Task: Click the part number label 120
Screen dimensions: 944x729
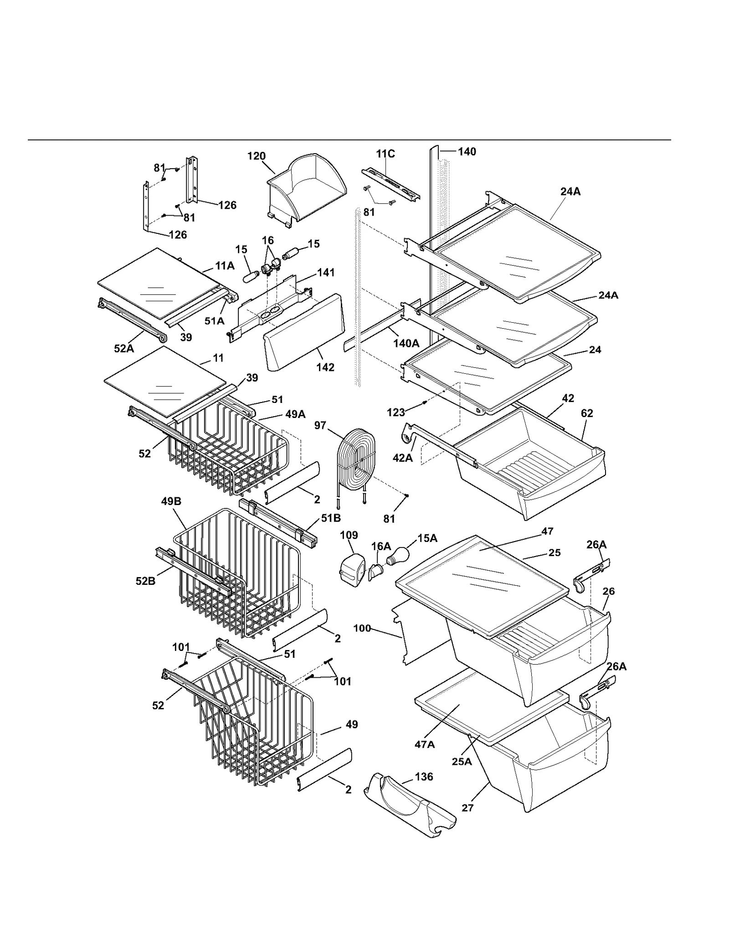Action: coord(256,156)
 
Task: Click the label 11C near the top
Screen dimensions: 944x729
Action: coord(385,154)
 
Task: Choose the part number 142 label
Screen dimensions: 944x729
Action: coord(325,367)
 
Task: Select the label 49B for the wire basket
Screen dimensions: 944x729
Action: coord(171,501)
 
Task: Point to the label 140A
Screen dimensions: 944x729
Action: coord(406,343)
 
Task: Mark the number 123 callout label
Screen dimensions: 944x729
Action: coord(396,413)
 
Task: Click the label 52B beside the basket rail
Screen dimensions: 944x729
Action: coord(145,581)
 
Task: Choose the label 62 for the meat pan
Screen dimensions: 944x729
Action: coord(587,413)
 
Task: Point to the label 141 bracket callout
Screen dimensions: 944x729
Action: coord(326,273)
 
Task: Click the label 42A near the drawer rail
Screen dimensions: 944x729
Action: coord(402,458)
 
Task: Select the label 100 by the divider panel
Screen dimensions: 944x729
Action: coord(362,628)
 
